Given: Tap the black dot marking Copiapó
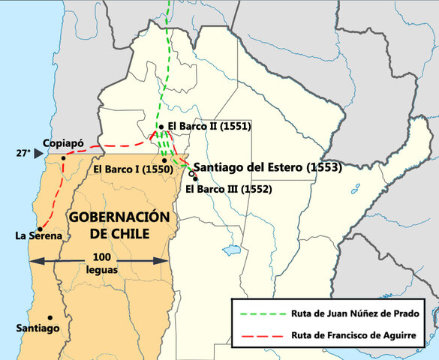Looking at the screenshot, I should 64,157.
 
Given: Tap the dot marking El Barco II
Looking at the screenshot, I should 161,127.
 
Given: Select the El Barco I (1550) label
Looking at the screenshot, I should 134,169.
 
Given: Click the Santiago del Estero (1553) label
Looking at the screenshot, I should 267,167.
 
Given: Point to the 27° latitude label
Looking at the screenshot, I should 23,153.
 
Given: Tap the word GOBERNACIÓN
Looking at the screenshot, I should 119,216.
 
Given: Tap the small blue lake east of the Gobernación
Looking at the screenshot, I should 232,249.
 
